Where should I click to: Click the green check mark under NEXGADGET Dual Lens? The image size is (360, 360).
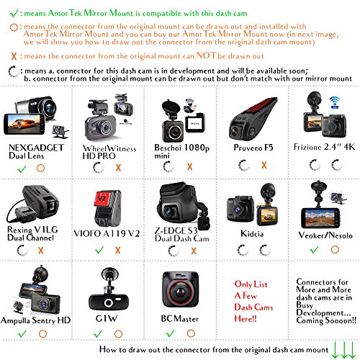(x=22, y=169)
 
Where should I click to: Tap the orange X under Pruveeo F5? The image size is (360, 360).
(x=264, y=165)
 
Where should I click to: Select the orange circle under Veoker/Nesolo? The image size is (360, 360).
(x=335, y=250)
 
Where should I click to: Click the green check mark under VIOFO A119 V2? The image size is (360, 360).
(x=99, y=250)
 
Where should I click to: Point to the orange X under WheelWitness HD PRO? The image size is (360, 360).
(x=118, y=167)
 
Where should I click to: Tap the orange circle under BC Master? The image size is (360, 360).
(x=191, y=333)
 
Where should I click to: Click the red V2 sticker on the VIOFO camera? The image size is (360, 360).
(x=102, y=199)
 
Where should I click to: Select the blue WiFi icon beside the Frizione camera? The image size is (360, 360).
(x=335, y=102)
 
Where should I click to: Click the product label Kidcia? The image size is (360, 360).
(x=252, y=233)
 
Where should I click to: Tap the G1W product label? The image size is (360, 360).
(x=107, y=318)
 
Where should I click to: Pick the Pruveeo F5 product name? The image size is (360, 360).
(x=253, y=148)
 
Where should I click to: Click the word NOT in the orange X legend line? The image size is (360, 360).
(x=207, y=55)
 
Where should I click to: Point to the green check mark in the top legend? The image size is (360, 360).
(x=14, y=13)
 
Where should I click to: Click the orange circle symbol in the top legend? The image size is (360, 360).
(x=14, y=27)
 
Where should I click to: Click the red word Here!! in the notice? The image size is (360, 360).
(x=246, y=319)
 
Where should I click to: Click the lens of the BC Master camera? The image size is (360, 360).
(x=180, y=292)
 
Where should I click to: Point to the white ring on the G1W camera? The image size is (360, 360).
(x=108, y=303)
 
